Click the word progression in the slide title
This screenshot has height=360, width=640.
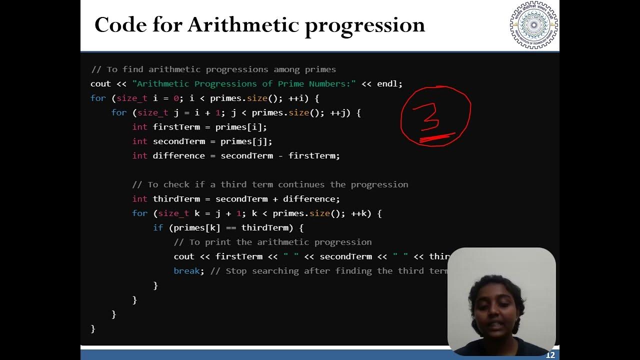(364, 25)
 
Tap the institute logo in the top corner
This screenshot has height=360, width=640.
(533, 25)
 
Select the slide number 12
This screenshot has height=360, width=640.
(550, 355)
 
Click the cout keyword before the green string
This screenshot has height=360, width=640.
(100, 84)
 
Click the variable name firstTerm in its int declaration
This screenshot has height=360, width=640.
(176, 127)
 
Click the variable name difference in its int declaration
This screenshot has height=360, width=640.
(178, 156)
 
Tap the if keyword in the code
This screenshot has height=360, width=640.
(158, 228)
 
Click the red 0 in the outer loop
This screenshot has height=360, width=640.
(176, 98)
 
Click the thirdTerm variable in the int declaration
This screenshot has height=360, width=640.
(176, 199)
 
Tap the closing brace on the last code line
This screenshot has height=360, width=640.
(93, 328)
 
